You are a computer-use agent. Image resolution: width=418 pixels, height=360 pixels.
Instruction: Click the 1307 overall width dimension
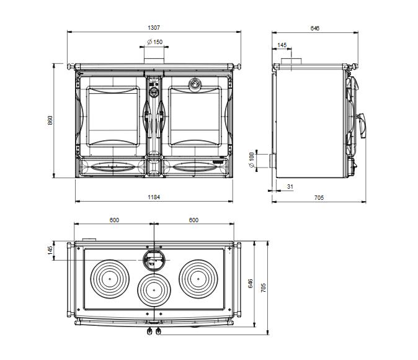tap(154, 28)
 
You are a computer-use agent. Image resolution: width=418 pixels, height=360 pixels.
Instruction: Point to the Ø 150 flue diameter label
tap(154, 42)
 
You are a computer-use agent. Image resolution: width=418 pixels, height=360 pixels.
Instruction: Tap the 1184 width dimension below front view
tap(154, 197)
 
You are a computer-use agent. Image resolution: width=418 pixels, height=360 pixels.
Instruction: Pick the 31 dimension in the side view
tap(290, 186)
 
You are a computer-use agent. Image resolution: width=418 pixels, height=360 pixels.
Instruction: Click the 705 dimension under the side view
tap(319, 197)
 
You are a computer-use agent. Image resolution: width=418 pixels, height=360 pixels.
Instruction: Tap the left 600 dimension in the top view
tap(114, 220)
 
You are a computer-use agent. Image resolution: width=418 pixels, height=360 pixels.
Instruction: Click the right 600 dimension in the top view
tap(193, 220)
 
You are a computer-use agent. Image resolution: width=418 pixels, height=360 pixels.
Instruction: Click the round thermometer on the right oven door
tap(194, 84)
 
